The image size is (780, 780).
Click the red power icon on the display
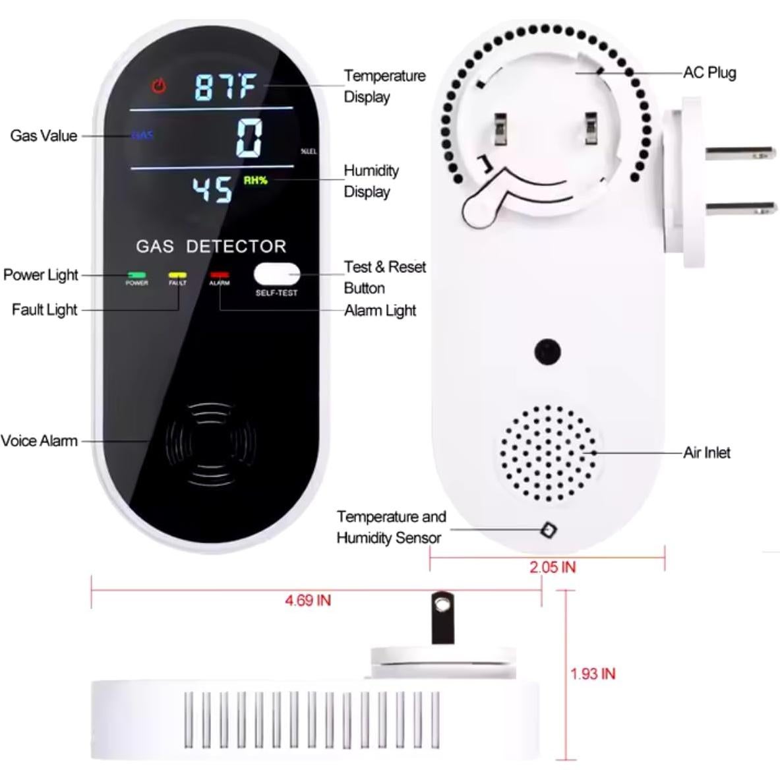pyautogui.click(x=159, y=86)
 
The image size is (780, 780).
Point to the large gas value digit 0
pyautogui.click(x=250, y=138)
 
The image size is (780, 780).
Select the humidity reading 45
pyautogui.click(x=212, y=189)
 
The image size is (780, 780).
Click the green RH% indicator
pyautogui.click(x=255, y=180)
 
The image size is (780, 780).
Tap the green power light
pyautogui.click(x=137, y=274)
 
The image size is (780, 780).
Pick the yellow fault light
pyautogui.click(x=177, y=274)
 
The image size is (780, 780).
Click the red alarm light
pyautogui.click(x=219, y=274)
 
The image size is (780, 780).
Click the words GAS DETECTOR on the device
pyautogui.click(x=211, y=247)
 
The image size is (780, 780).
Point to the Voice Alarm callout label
pyautogui.click(x=40, y=440)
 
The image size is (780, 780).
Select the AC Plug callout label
pyautogui.click(x=709, y=73)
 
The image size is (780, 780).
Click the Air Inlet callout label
pyautogui.click(x=707, y=452)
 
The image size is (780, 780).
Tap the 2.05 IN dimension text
pyautogui.click(x=553, y=567)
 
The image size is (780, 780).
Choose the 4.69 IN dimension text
pyautogui.click(x=308, y=601)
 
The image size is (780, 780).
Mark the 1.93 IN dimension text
pyautogui.click(x=593, y=674)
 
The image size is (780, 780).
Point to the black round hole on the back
pyautogui.click(x=547, y=351)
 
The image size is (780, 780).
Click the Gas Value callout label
pyautogui.click(x=44, y=136)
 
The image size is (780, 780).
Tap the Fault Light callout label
pyautogui.click(x=44, y=309)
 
